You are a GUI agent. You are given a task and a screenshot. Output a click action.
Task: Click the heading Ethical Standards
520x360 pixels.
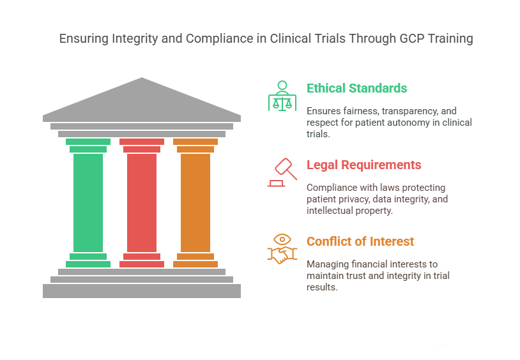(x=356, y=88)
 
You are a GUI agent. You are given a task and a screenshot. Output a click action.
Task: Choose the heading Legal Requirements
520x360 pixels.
(x=363, y=165)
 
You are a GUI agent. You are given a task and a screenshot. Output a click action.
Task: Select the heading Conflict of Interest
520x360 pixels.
(x=360, y=241)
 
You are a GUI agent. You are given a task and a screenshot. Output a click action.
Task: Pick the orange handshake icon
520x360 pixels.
(x=282, y=249)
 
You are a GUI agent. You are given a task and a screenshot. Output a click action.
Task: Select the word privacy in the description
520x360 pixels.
(x=353, y=199)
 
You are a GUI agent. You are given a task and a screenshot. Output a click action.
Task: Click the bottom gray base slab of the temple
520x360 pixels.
(x=142, y=291)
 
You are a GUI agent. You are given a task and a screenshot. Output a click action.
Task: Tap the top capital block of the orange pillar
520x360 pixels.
(x=195, y=142)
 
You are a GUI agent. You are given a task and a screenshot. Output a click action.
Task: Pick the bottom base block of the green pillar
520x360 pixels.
(x=88, y=264)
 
